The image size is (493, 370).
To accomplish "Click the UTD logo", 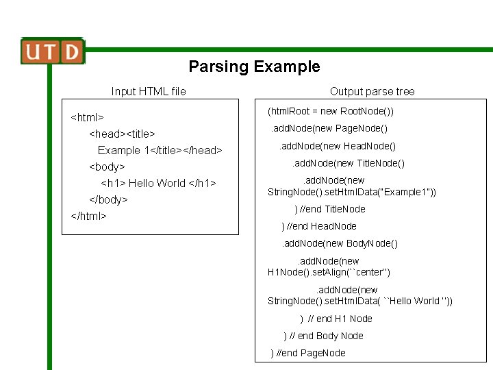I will [x=53, y=51].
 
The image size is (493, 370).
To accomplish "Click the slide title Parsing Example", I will [x=254, y=66].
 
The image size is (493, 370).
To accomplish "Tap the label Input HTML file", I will [x=149, y=91].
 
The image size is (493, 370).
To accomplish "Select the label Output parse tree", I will [x=372, y=91].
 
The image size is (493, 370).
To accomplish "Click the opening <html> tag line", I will [x=88, y=117].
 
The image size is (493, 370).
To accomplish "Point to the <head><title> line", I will [x=122, y=134].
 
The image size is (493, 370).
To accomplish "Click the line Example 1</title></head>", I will [x=160, y=150].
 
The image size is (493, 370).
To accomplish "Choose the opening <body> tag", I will [x=107, y=166].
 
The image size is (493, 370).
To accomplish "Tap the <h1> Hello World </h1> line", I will [x=158, y=183].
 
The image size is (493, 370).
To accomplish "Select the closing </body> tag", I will [x=108, y=199].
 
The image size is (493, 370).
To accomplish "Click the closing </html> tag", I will [x=89, y=216].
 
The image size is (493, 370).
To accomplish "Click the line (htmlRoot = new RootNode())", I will [x=330, y=111].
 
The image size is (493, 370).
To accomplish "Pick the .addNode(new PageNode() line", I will [x=330, y=128].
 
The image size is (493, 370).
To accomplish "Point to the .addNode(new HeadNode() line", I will [x=337, y=145].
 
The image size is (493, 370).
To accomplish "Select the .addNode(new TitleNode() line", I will [x=349, y=163].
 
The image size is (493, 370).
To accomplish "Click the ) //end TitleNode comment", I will [x=330, y=209].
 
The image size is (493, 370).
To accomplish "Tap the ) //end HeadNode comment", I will [x=319, y=226].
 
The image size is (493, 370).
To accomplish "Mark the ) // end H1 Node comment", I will [x=336, y=319].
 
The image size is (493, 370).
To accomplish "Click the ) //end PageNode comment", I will [x=309, y=353].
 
